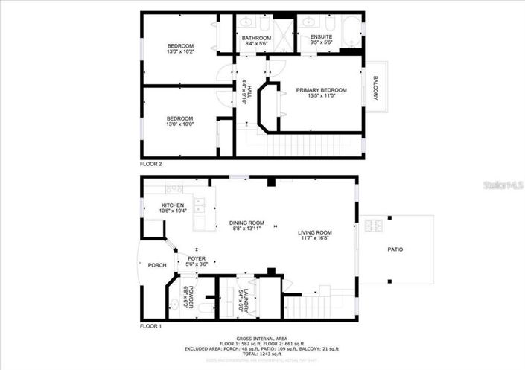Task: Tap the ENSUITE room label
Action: click(321, 36)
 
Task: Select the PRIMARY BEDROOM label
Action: click(321, 90)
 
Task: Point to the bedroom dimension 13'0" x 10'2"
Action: click(180, 52)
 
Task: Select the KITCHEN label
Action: click(173, 205)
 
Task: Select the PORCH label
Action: click(156, 265)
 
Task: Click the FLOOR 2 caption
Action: click(150, 164)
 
